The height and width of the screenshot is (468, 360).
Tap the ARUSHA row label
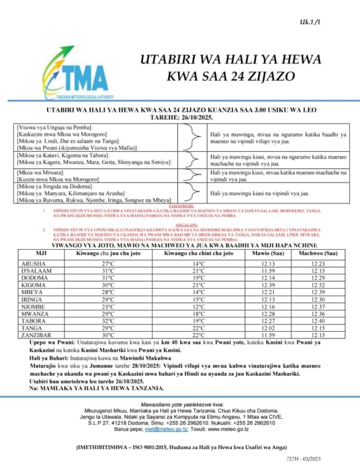32,264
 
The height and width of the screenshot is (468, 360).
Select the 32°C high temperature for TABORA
108,321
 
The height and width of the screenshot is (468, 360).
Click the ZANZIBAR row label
35,335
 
